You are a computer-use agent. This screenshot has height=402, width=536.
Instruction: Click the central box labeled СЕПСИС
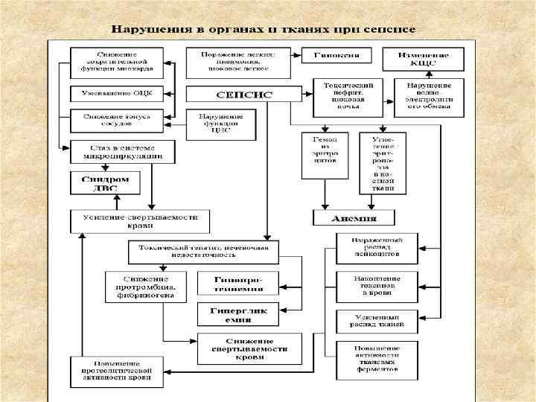click(x=234, y=95)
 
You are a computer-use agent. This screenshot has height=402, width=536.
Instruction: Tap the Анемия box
click(x=354, y=218)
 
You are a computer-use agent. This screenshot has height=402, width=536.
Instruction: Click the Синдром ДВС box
click(x=105, y=183)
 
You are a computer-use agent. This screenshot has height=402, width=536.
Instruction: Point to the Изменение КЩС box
click(x=423, y=59)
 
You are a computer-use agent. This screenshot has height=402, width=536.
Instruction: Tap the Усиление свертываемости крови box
click(x=140, y=221)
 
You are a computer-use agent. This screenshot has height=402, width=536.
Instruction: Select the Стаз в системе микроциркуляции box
click(x=122, y=152)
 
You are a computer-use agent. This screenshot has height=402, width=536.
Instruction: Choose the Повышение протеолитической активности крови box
click(x=116, y=372)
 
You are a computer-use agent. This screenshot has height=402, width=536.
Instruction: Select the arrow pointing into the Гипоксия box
click(x=293, y=56)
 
